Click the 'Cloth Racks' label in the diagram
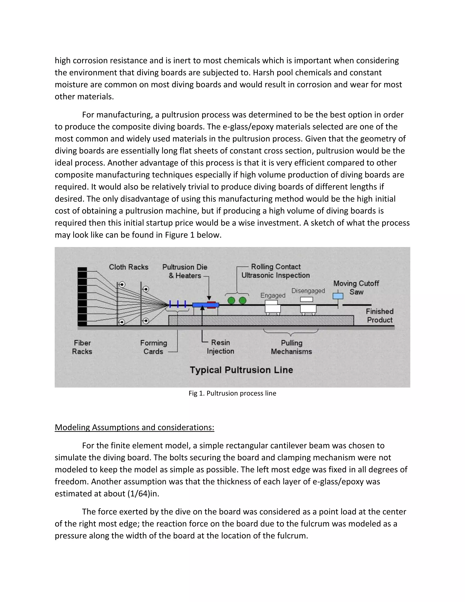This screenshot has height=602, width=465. (129, 267)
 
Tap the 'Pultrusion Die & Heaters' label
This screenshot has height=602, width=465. (185, 271)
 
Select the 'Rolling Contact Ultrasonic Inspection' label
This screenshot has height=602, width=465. (276, 271)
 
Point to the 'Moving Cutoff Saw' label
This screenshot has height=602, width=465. (356, 288)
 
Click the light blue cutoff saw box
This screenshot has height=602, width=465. (338, 296)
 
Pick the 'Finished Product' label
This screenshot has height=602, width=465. (380, 316)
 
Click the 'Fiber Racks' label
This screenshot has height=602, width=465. (82, 347)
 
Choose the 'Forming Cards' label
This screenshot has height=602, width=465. (153, 347)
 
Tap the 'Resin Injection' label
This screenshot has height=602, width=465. (220, 347)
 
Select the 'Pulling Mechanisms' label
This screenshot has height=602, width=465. (292, 347)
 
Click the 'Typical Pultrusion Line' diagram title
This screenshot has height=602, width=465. (241, 370)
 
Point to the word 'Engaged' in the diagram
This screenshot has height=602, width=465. (273, 295)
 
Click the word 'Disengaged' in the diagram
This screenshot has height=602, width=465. (308, 291)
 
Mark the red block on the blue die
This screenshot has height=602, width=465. (211, 305)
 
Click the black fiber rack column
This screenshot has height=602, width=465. (82, 296)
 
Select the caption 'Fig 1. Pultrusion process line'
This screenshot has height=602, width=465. (232, 393)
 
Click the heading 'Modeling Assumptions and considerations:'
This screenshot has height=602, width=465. (134, 427)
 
